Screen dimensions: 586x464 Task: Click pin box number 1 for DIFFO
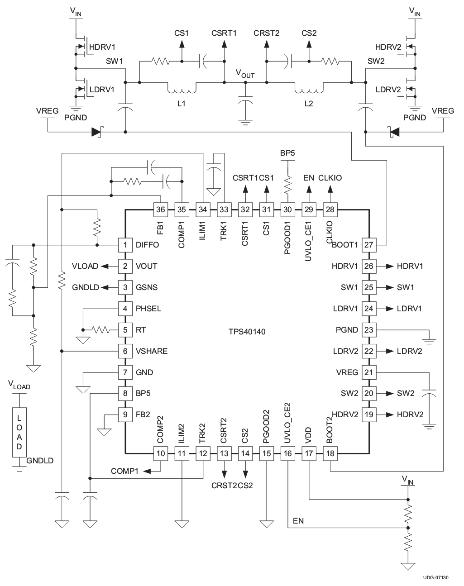(125, 245)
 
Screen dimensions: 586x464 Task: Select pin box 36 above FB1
(160, 210)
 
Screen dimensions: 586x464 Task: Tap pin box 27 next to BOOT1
(368, 245)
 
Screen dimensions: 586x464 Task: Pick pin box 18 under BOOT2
(330, 453)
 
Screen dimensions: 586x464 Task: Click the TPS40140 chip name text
(247, 332)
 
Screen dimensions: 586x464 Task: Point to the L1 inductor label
(181, 104)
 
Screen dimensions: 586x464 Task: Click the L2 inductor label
(309, 104)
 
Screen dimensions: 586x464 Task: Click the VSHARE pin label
(151, 351)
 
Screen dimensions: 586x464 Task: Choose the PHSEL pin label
(148, 309)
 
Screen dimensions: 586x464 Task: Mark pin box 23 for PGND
(368, 330)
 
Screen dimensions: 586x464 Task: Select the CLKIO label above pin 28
(330, 178)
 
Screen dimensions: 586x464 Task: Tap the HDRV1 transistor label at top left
(102, 47)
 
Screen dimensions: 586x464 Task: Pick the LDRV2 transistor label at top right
(388, 90)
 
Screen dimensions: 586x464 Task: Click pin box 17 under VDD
(309, 453)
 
